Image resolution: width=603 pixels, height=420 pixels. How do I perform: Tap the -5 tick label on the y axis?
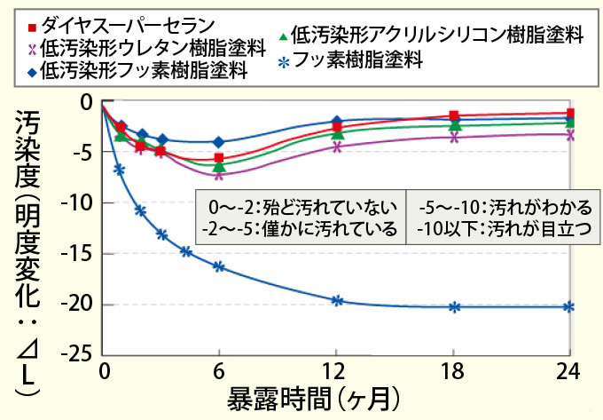click(83, 152)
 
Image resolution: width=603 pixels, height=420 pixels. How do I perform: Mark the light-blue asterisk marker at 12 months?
click(337, 300)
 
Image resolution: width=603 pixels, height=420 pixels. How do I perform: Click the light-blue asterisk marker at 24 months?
click(569, 307)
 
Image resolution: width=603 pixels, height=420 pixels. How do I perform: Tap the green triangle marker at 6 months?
click(219, 166)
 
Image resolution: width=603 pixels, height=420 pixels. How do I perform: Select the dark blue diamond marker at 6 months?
click(219, 142)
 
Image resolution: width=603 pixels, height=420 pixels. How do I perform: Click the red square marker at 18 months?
click(453, 115)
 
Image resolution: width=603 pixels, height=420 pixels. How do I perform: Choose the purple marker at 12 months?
click(337, 147)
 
